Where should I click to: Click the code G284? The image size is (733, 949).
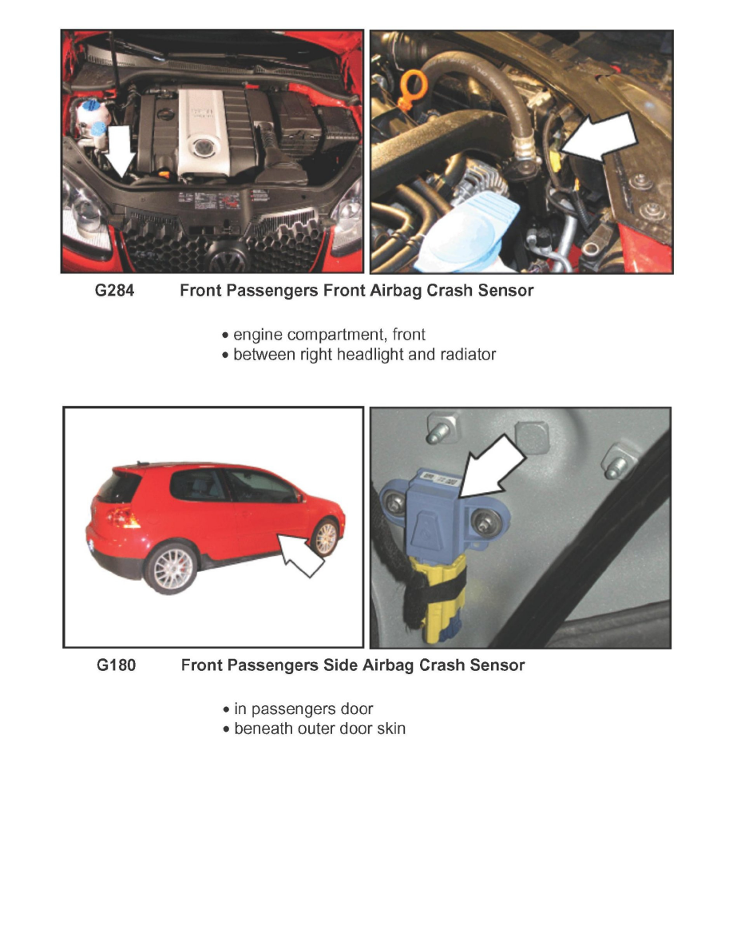pyautogui.click(x=115, y=291)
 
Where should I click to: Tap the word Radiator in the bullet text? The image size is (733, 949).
pyautogui.click(x=465, y=354)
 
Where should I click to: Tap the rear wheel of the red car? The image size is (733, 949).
pyautogui.click(x=170, y=567)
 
